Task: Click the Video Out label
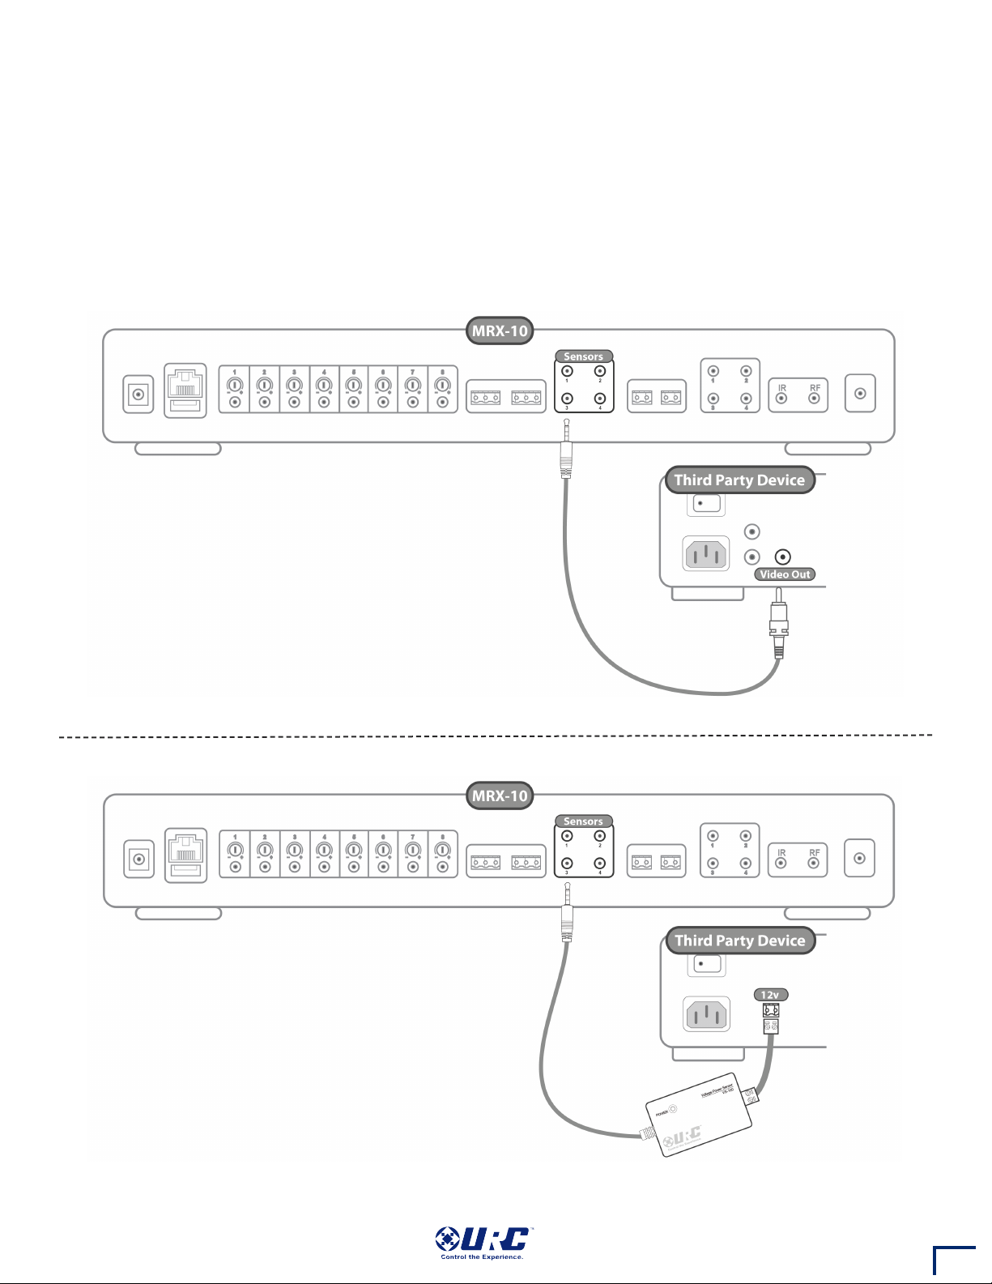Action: pyautogui.click(x=785, y=574)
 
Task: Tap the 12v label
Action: pyautogui.click(x=770, y=995)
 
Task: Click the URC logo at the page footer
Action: pyautogui.click(x=482, y=1239)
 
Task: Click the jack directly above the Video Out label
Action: pyautogui.click(x=782, y=557)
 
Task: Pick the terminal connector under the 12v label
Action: pyautogui.click(x=770, y=1018)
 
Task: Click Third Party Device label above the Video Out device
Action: pyautogui.click(x=739, y=480)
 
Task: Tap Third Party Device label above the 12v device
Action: pyautogui.click(x=740, y=941)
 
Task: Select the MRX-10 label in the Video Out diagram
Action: pyautogui.click(x=500, y=331)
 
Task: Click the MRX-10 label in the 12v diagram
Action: pyautogui.click(x=500, y=796)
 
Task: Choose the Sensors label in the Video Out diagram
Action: pyautogui.click(x=583, y=356)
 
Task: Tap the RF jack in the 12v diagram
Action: pyautogui.click(x=815, y=863)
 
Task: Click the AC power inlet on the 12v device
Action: pyautogui.click(x=706, y=1014)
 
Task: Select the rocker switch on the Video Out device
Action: pyautogui.click(x=706, y=504)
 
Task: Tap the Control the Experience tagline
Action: pyautogui.click(x=482, y=1257)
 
